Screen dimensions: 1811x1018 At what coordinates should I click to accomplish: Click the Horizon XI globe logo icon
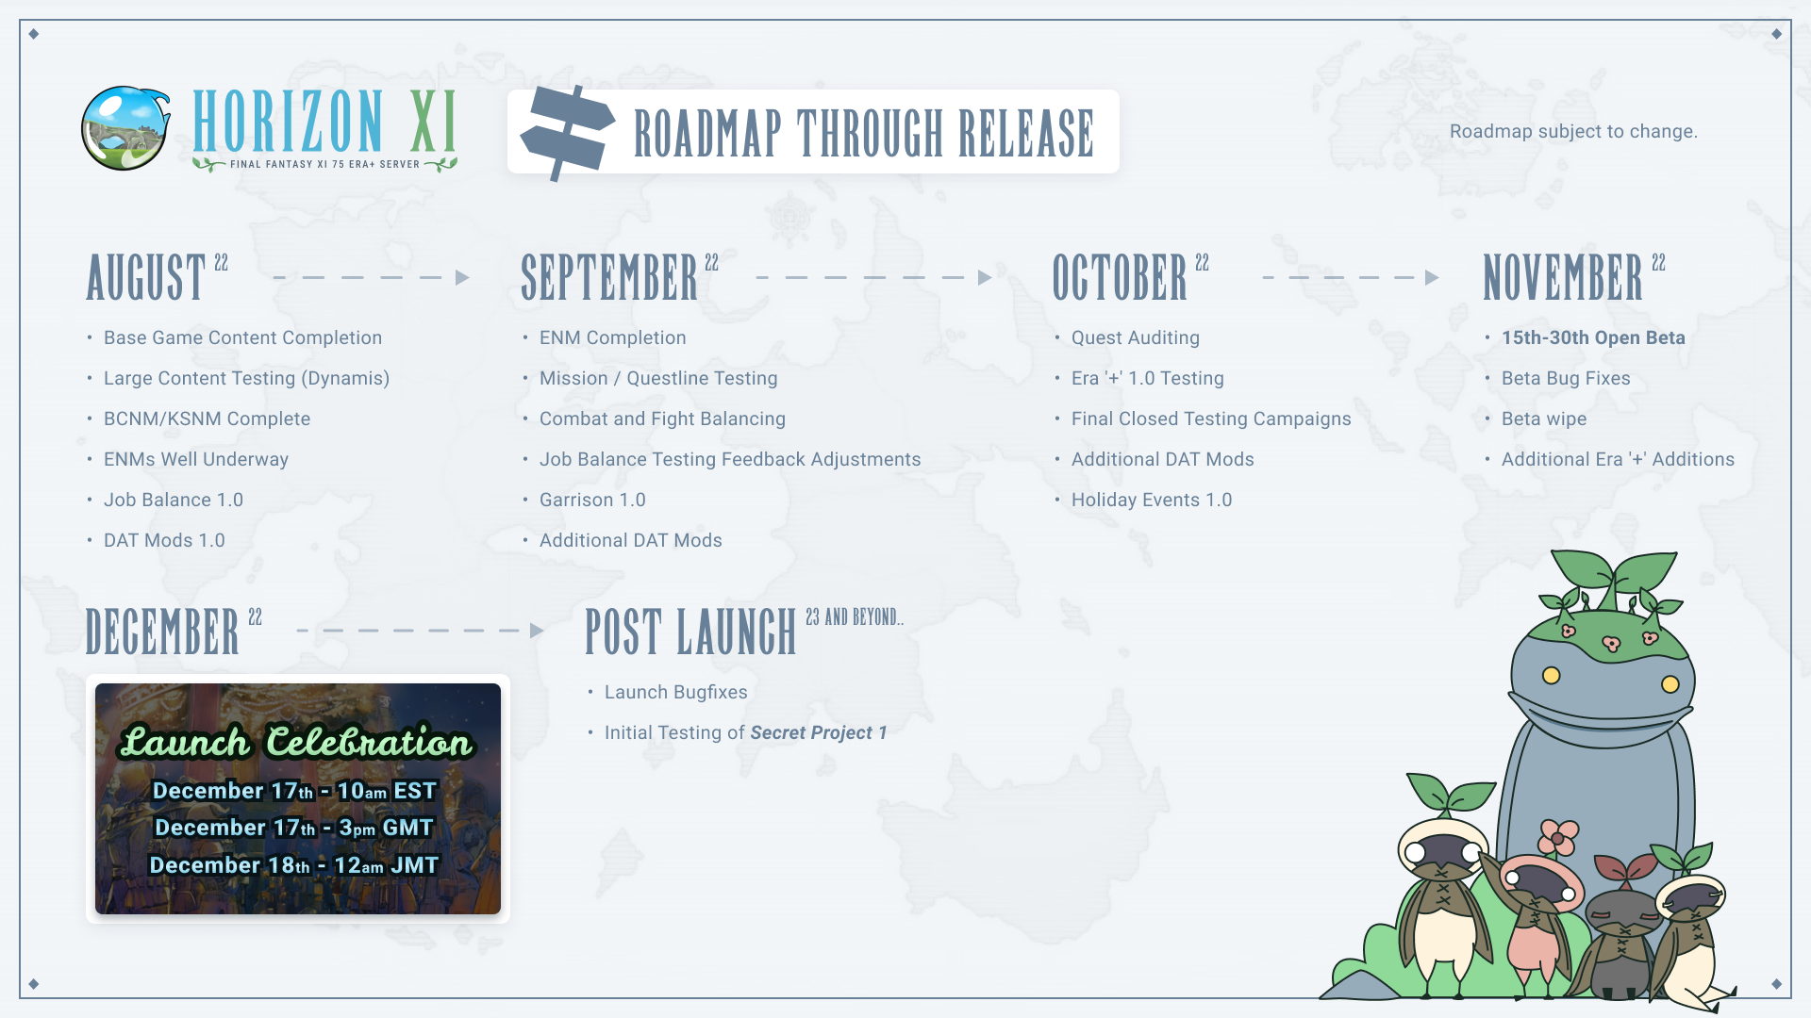[x=125, y=128]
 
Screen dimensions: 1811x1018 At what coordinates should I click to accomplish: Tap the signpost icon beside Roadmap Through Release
[x=567, y=132]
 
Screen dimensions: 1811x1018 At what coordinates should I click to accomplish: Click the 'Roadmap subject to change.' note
[x=1573, y=131]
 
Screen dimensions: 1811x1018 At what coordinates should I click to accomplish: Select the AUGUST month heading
[x=146, y=276]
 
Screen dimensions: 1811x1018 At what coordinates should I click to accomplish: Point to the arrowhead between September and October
[x=985, y=277]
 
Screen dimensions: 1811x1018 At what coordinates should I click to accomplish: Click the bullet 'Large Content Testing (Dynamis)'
[x=246, y=378]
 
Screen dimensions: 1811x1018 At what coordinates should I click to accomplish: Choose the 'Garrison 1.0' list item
[x=592, y=500]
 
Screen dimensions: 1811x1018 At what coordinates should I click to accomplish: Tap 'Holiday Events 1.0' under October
[x=1152, y=500]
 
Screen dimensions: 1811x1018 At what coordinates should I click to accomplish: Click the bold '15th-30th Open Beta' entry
[x=1593, y=337]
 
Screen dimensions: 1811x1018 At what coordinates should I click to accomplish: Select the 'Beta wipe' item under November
[x=1544, y=419]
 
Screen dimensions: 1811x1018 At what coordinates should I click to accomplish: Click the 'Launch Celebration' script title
[x=296, y=742]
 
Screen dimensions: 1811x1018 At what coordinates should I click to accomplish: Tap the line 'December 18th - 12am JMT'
[x=294, y=864]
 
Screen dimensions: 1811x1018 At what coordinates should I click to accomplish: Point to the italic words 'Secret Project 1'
[x=819, y=732]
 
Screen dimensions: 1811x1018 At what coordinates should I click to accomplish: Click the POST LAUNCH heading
[x=690, y=631]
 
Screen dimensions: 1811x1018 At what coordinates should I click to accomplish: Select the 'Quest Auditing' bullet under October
[x=1136, y=337]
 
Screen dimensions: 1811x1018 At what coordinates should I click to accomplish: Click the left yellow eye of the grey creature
[x=1551, y=675]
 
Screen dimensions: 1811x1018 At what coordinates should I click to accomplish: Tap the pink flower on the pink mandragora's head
[x=1558, y=836]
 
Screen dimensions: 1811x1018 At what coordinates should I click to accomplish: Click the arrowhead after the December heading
[x=538, y=631]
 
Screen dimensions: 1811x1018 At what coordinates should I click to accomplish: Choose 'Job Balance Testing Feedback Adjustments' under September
[x=730, y=459]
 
